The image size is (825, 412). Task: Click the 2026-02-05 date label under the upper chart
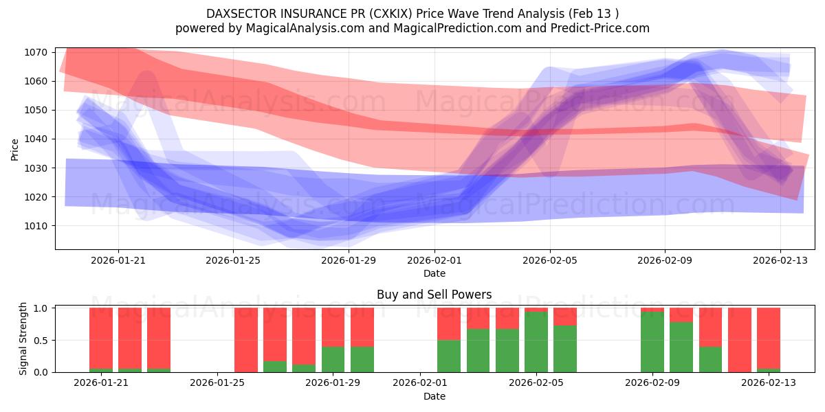click(x=549, y=260)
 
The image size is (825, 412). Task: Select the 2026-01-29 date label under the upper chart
click(x=349, y=260)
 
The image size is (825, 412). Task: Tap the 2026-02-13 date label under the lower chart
click(x=768, y=383)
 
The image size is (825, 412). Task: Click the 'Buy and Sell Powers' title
click(x=434, y=295)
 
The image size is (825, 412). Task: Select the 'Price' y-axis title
click(x=15, y=149)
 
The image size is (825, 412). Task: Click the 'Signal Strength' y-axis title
click(x=23, y=338)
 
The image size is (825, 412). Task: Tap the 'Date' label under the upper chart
click(x=434, y=273)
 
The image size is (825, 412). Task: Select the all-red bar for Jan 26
click(x=246, y=340)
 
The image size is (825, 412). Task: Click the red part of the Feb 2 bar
click(x=449, y=323)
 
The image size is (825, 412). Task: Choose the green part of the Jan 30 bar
click(x=362, y=359)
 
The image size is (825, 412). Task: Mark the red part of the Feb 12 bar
click(x=740, y=339)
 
